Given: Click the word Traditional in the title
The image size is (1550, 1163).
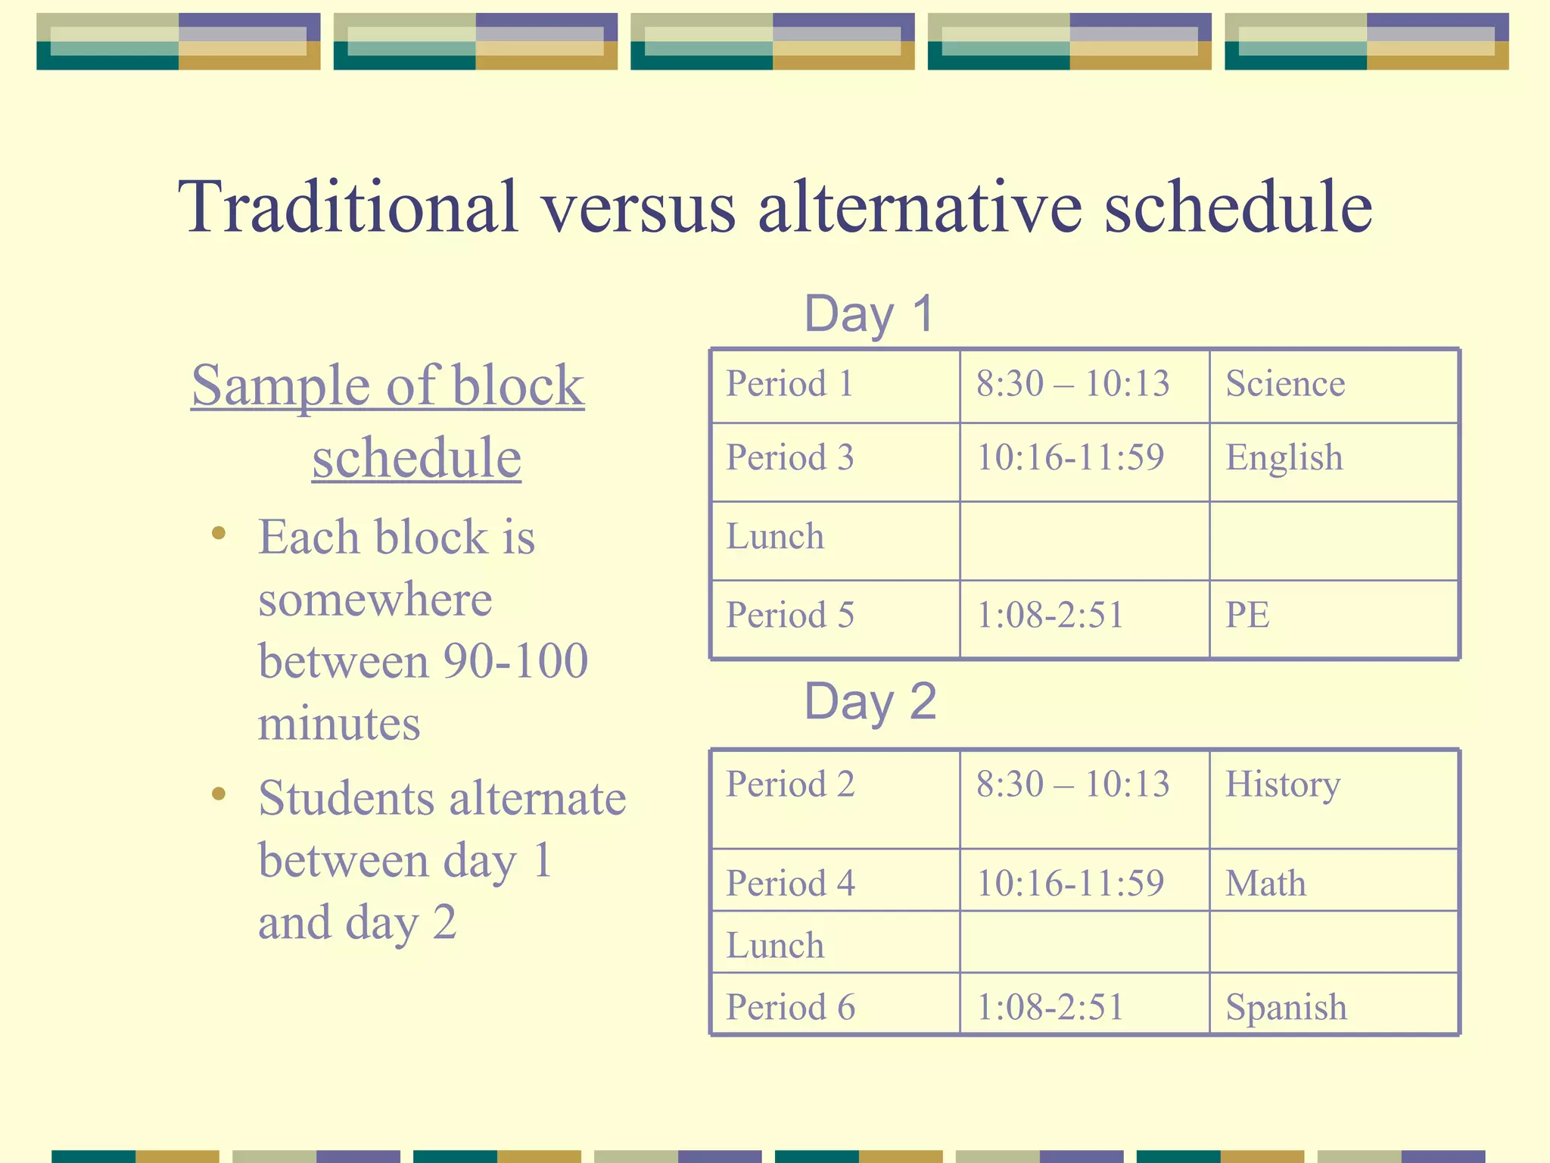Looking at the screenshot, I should point(348,206).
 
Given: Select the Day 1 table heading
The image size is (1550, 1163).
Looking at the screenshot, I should point(869,313).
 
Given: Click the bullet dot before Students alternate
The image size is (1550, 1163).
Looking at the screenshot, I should point(219,794).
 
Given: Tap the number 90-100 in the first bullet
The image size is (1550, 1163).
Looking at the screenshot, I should point(515,661).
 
